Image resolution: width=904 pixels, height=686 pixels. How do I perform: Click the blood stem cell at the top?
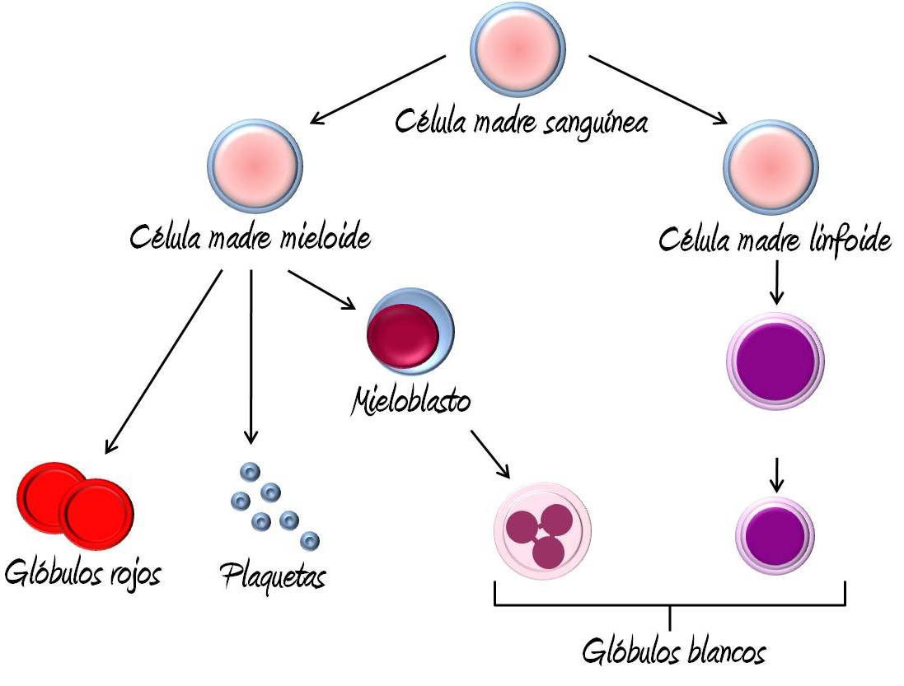pos(518,49)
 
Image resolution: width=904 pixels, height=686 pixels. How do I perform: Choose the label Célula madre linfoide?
pos(775,240)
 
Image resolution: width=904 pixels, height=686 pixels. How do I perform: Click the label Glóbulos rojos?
pos(82,572)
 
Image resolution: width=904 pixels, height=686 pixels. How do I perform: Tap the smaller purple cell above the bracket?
pos(775,535)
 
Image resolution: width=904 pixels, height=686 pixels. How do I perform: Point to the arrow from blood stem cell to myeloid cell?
pos(378,91)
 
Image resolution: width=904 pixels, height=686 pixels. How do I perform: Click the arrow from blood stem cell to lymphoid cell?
pos(658,91)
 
